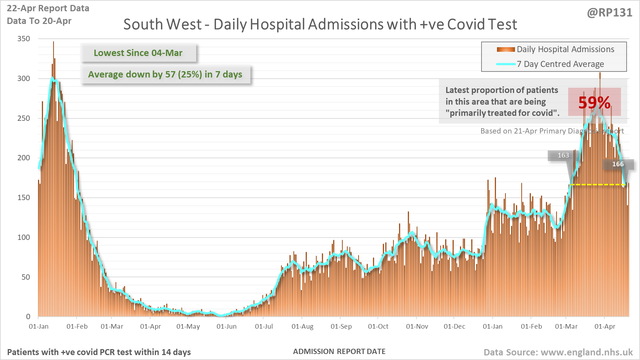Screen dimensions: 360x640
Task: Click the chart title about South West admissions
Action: point(320,25)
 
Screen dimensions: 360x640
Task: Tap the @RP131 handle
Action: point(610,13)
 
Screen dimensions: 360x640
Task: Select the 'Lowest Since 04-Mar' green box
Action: point(138,53)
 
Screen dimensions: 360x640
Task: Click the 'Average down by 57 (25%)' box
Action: point(165,74)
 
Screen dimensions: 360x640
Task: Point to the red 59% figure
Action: point(594,103)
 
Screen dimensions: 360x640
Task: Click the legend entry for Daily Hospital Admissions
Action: point(565,49)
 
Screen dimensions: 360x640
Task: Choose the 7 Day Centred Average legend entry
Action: point(560,64)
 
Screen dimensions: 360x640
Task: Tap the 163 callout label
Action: point(563,155)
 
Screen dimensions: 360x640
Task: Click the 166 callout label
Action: point(618,164)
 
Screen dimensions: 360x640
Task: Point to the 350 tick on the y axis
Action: point(24,39)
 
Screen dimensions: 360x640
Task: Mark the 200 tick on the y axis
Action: point(24,158)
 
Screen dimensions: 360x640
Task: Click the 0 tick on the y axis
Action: point(28,317)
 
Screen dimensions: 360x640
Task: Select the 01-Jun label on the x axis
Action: point(226,327)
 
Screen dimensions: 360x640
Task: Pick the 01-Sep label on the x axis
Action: point(341,327)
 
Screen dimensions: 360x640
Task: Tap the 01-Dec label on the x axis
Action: point(454,327)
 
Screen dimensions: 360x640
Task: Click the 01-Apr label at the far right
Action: point(605,327)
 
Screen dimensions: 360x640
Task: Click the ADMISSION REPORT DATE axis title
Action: point(339,352)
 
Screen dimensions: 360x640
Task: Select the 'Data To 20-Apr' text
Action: point(39,21)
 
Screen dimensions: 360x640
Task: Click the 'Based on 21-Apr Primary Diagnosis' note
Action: point(552,131)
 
